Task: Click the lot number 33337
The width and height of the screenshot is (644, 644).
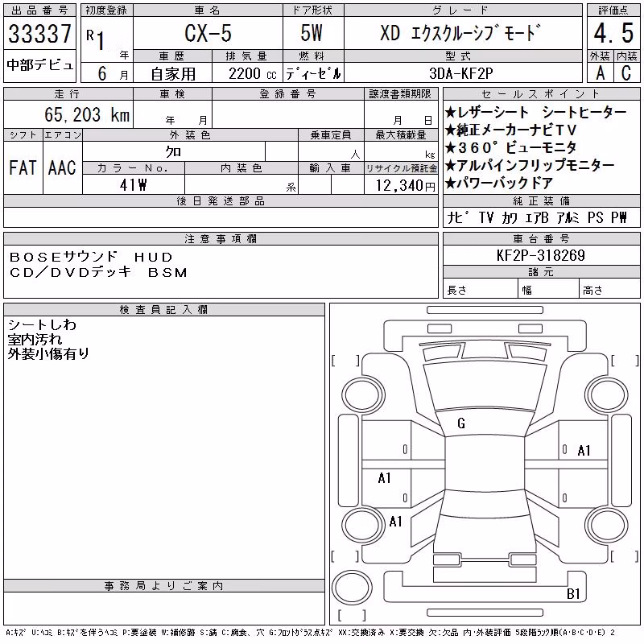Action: pos(39,34)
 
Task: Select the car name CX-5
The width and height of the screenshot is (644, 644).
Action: pos(208,33)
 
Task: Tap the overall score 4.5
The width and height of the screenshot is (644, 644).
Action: pos(613,33)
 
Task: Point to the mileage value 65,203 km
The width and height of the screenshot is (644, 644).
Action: pos(87,114)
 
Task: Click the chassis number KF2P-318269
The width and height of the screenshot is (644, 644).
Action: pos(540,255)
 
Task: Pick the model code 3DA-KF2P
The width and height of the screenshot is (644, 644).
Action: pos(460,73)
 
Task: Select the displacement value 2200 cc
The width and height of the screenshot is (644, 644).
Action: pos(252,74)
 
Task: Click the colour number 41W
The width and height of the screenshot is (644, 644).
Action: pos(133,185)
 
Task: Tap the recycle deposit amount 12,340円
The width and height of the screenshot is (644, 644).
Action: pos(406,186)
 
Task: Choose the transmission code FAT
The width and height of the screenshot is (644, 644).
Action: pos(23,167)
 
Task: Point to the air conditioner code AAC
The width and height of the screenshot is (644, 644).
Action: pos(62,167)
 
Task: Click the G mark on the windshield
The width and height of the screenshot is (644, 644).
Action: pos(461,423)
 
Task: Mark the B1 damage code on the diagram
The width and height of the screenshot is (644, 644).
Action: pos(573,594)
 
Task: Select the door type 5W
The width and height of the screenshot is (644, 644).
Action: pos(312,33)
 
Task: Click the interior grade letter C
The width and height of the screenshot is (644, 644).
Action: pos(626,73)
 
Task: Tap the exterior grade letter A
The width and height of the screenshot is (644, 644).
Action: pos(601,73)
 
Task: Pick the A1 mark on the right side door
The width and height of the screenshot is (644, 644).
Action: pos(584,451)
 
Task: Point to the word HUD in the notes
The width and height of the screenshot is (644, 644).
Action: pos(154,257)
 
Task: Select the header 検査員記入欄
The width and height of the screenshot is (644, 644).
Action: pos(163,309)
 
